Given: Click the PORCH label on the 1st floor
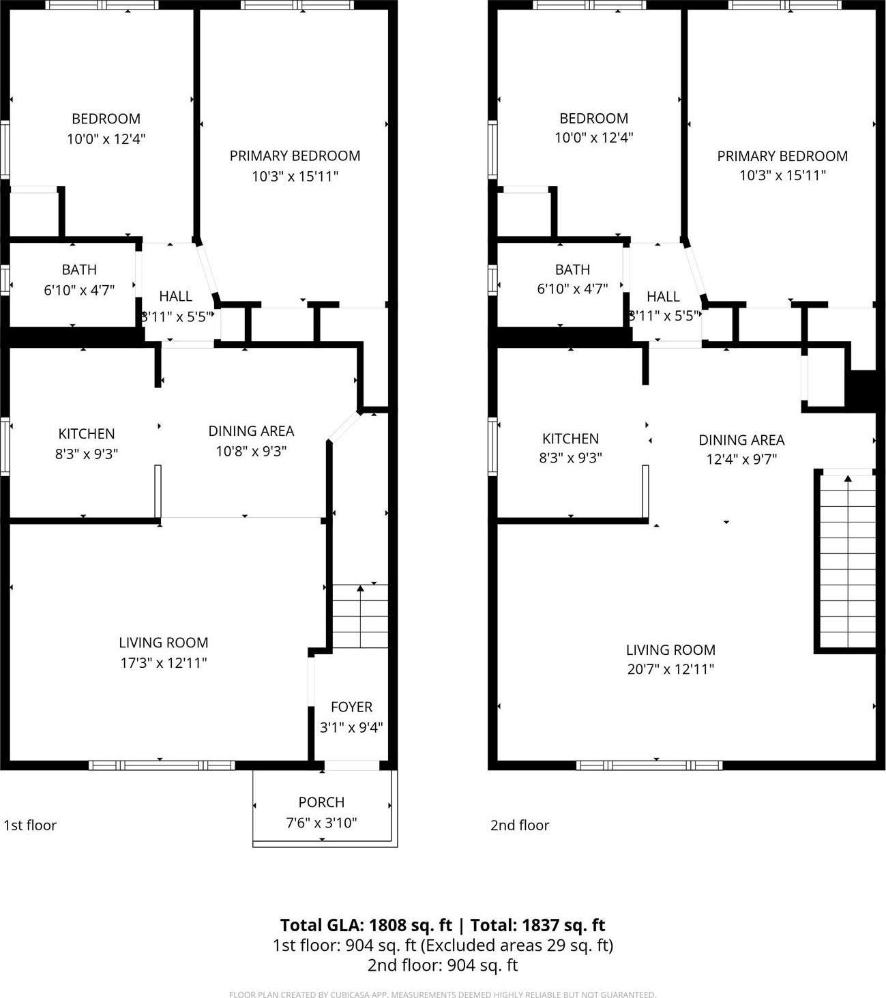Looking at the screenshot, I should pos(321,802).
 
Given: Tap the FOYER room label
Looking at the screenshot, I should pos(351,707).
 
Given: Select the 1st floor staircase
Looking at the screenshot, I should pos(359,616).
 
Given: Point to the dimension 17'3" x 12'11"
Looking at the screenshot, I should pos(164,662).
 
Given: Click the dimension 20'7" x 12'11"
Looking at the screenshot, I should pos(670,669).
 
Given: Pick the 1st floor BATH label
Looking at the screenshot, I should pos(79,269).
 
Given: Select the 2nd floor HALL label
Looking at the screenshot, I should pos(663,296).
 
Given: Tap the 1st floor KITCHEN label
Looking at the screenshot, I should pos(87,433).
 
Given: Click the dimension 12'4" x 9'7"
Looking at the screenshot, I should pos(741,459).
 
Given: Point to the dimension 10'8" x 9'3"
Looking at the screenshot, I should pos(251,451).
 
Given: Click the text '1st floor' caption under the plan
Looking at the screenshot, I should pos(30,825).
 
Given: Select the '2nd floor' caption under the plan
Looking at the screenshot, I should pos(520,825).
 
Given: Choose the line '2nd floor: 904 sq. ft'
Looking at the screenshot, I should pos(443,965).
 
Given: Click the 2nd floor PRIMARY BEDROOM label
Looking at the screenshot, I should pos(782,156).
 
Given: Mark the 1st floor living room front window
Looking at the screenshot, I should pos(162,765).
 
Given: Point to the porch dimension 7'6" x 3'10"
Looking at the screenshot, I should pos(321,823).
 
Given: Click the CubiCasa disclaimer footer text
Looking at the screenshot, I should pos(443,994).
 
